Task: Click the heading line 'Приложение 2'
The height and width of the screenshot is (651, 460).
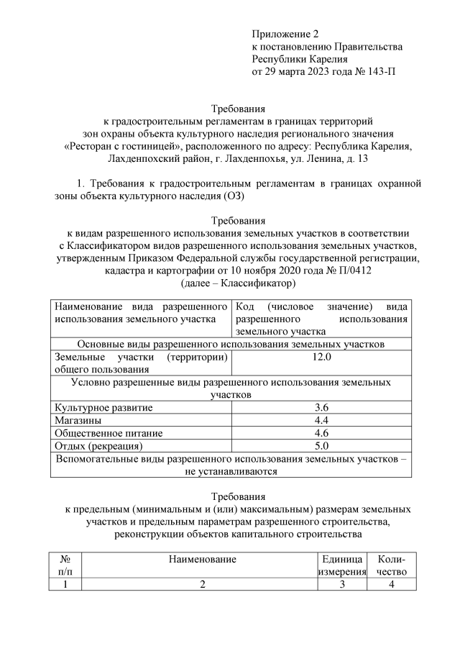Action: (x=285, y=34)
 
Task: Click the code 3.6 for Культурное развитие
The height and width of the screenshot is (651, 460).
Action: (x=321, y=407)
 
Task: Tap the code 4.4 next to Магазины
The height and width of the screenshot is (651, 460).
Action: (x=321, y=420)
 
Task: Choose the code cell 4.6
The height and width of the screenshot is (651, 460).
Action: (x=321, y=433)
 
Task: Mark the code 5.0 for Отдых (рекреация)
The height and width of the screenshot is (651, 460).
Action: (x=321, y=446)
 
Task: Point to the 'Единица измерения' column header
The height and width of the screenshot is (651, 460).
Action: (x=342, y=565)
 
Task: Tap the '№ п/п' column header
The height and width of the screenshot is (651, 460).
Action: (x=65, y=565)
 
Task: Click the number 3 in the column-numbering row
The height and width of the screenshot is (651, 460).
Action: (x=342, y=584)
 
